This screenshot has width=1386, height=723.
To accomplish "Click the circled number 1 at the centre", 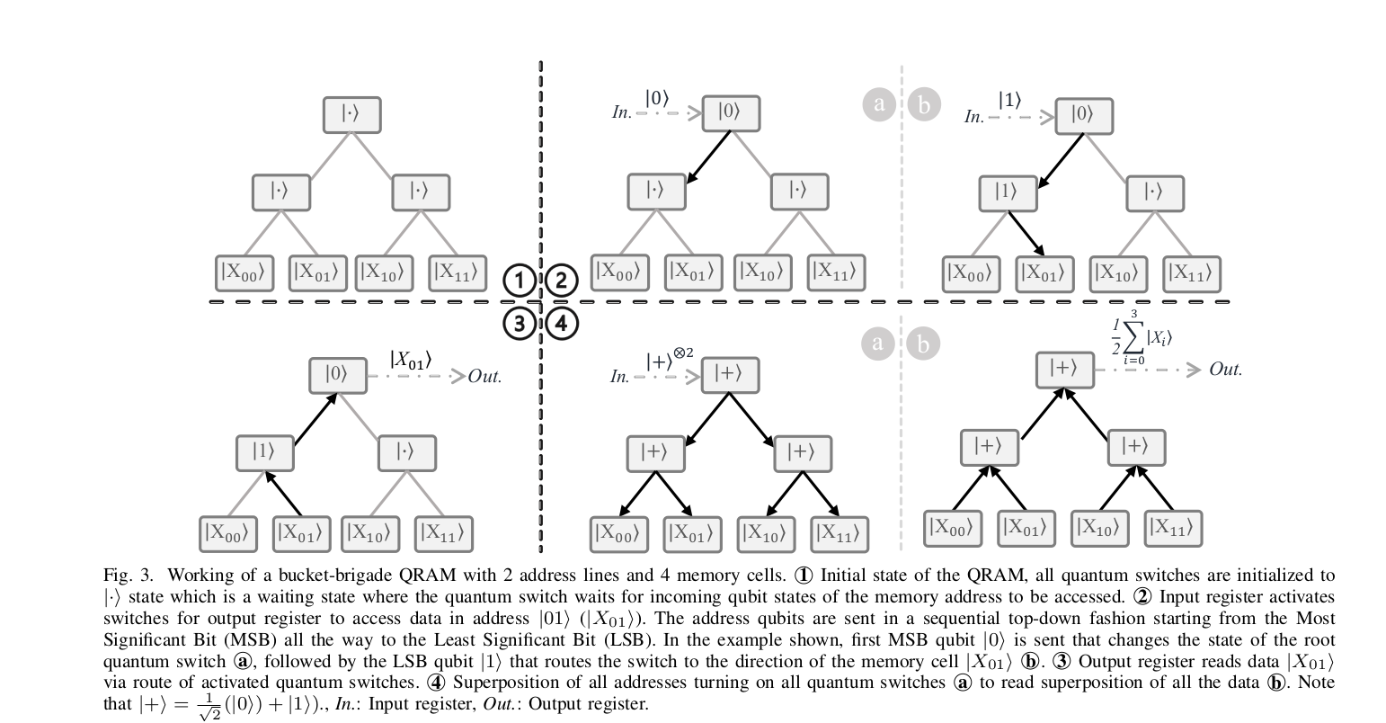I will (x=520, y=281).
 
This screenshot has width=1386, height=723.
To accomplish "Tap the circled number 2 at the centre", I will (x=562, y=281).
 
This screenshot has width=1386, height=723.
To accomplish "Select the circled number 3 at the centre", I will (x=520, y=323).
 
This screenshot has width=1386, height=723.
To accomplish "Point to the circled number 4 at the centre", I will (x=562, y=323).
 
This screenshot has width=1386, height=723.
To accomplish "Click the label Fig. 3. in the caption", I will (x=129, y=576).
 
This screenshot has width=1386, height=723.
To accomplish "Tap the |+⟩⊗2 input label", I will (x=670, y=359).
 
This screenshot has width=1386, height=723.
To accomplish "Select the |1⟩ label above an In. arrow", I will (x=1009, y=100).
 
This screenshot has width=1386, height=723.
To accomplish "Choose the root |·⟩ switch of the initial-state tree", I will (x=352, y=114).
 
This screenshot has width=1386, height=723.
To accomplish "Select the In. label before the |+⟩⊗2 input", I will (x=620, y=378).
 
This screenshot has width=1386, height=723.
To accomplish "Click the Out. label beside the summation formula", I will (x=1225, y=370).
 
